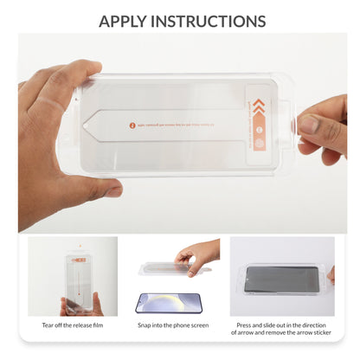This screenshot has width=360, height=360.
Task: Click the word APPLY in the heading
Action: [130, 20]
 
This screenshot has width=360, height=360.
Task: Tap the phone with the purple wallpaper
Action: [168, 302]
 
